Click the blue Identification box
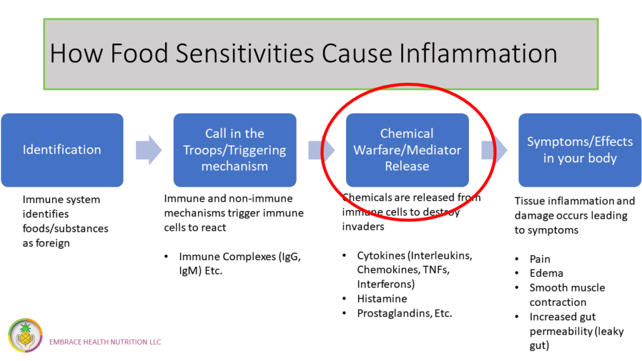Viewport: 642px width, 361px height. pos(62,150)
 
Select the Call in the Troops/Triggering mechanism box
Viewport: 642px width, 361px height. pos(234,150)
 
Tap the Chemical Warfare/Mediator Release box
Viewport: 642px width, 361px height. pos(407,150)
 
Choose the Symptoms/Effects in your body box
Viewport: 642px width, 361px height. pos(580,150)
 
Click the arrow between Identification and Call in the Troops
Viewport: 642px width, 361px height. pos(149,150)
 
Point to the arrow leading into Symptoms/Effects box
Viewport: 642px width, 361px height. pos(494,150)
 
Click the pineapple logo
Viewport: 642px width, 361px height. pos(25,336)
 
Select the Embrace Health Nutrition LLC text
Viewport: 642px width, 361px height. pos(105,342)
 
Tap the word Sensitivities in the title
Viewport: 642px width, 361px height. pos(245,53)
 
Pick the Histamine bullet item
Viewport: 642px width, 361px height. pos(382,299)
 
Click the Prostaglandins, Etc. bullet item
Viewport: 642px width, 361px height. pos(404,313)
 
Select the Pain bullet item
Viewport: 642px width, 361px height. pos(540,259)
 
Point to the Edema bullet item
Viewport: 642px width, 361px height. pos(546,273)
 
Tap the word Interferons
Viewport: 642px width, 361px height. pos(384,284)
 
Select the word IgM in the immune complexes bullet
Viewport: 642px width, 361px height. pos(189,271)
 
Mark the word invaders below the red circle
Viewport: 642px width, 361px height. pos(363,226)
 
